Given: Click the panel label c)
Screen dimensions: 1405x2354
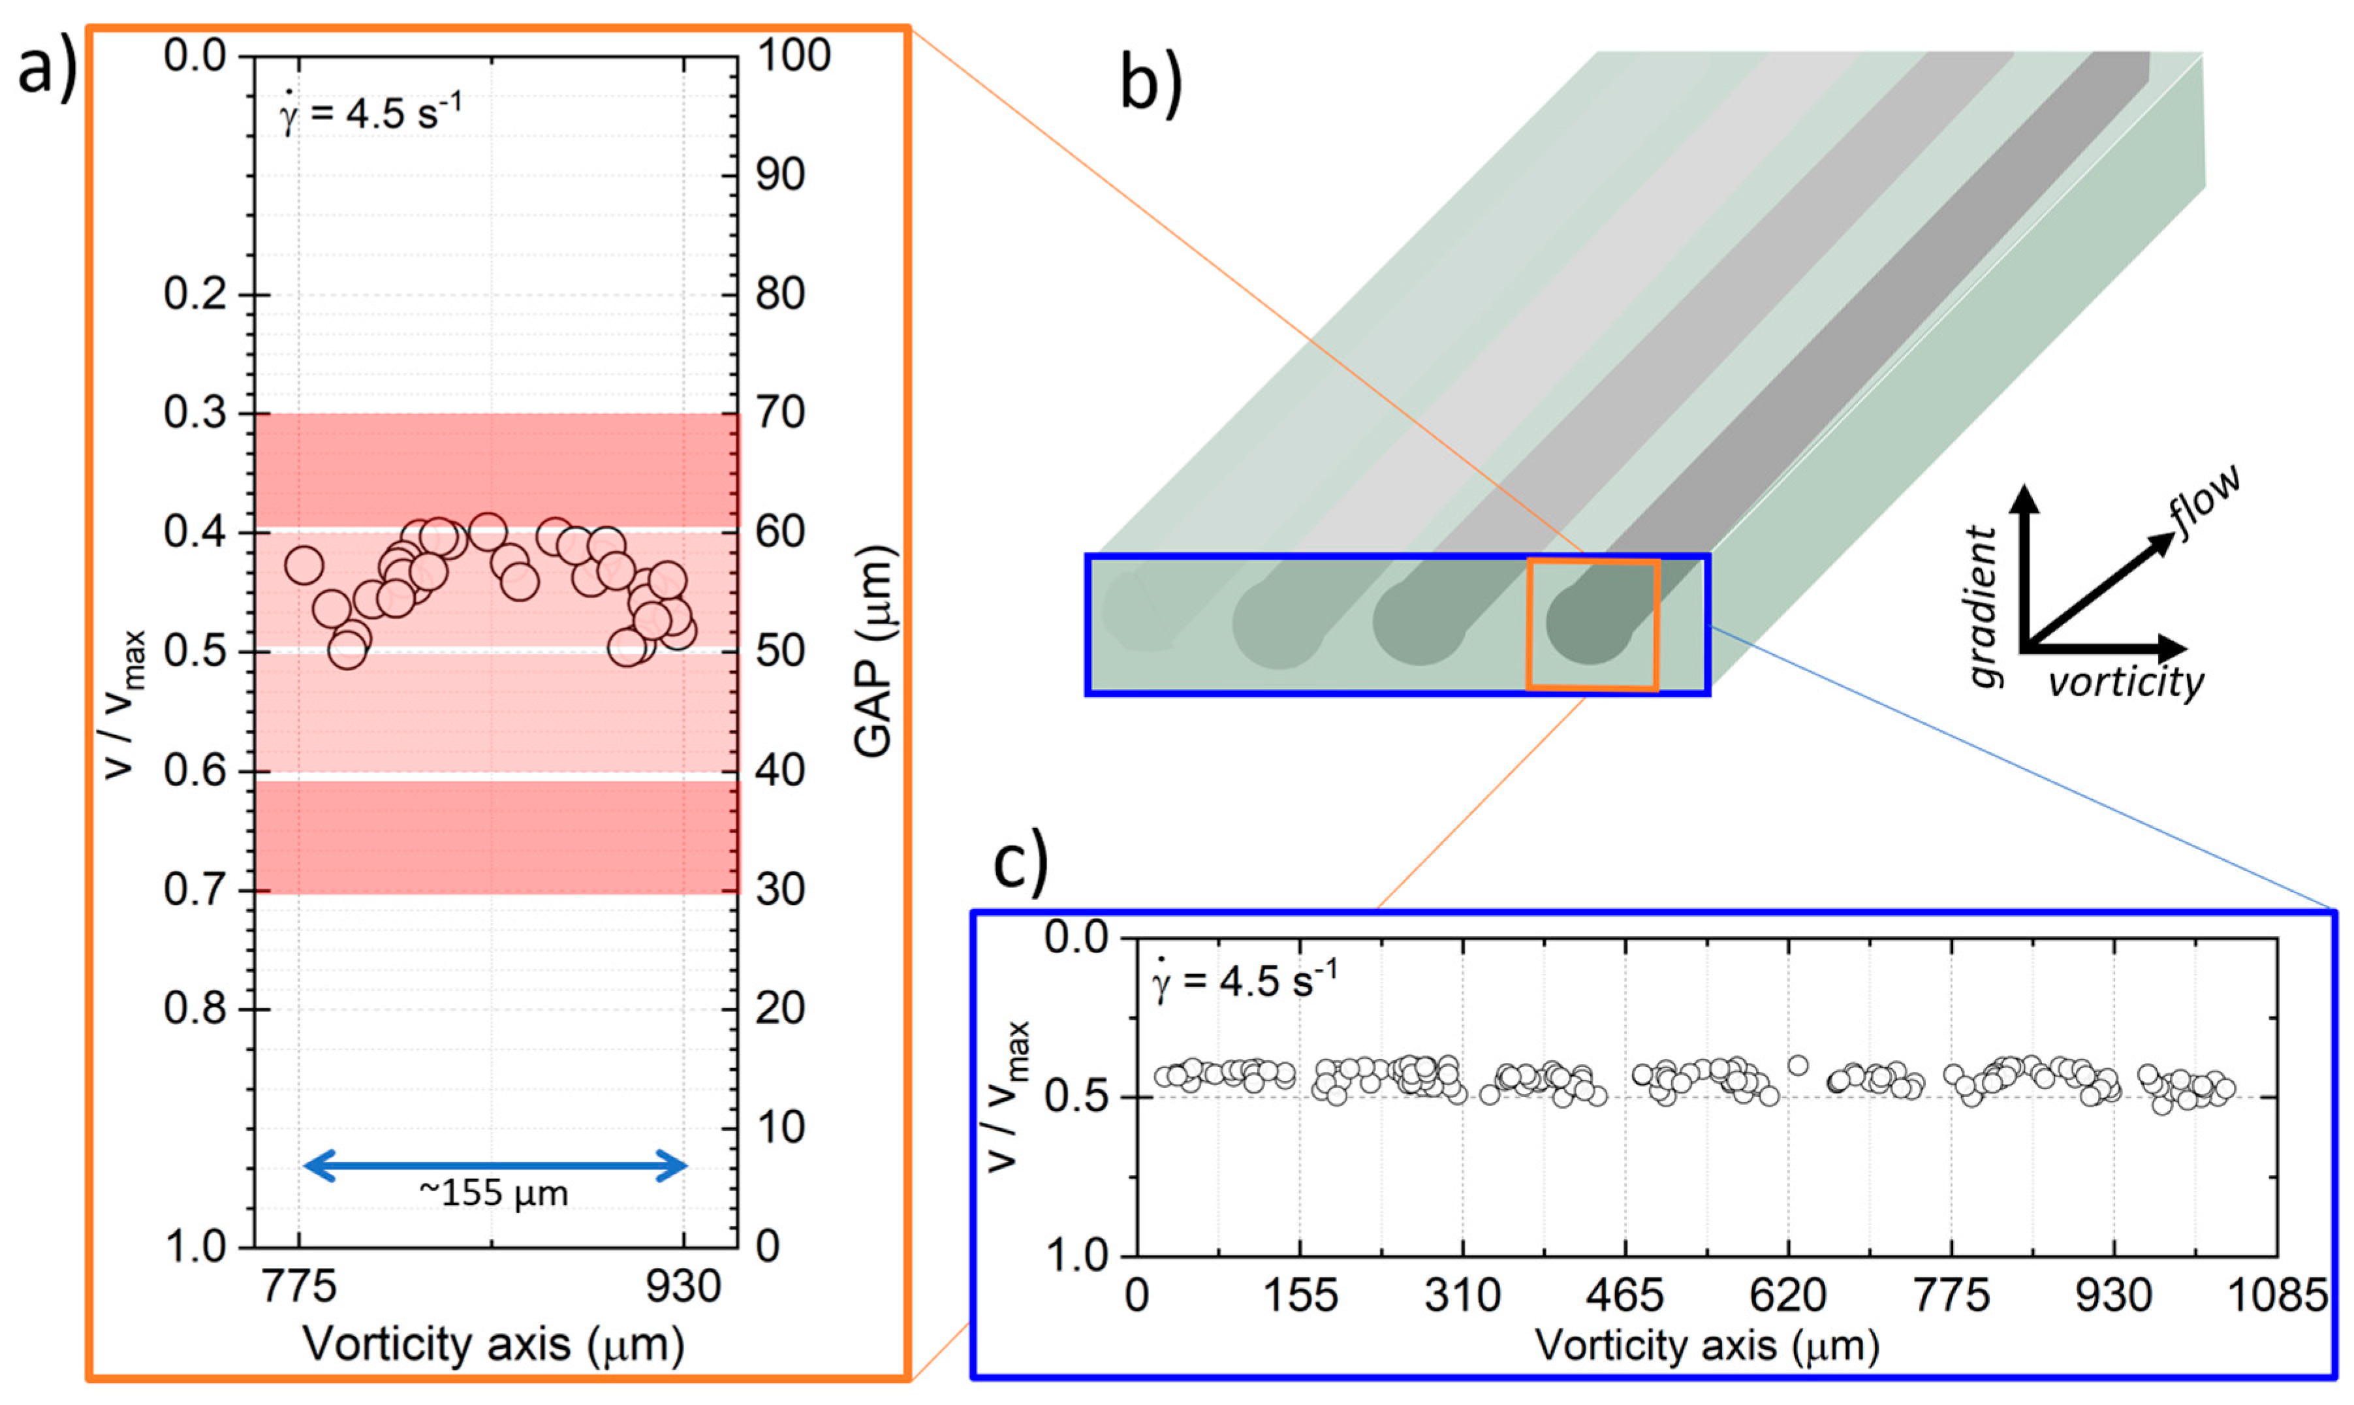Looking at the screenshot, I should click(1020, 864).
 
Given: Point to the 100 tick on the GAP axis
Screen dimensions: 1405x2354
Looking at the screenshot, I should click(793, 56).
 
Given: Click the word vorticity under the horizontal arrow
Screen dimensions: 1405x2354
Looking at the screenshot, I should click(2125, 682).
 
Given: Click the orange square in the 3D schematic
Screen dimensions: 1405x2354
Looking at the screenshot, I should click(1592, 625).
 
